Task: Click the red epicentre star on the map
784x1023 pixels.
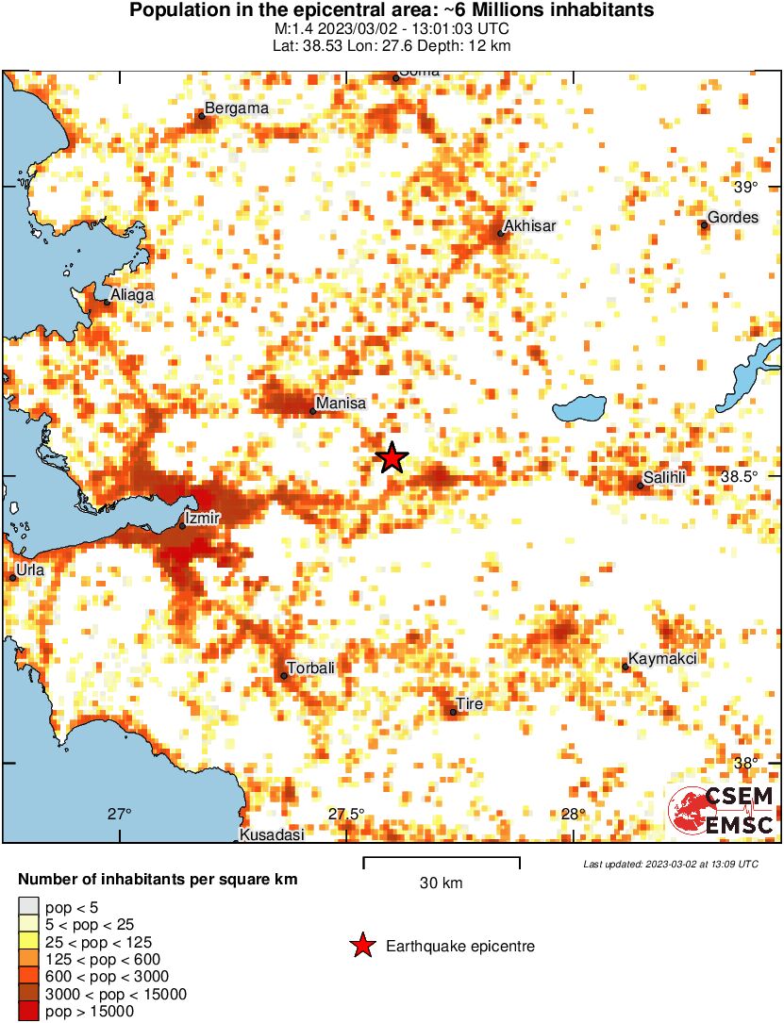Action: pyautogui.click(x=392, y=457)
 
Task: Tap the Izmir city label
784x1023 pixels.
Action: pyautogui.click(x=203, y=518)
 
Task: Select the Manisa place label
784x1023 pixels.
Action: pyautogui.click(x=340, y=404)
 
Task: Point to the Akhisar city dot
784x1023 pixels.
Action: pyautogui.click(x=501, y=233)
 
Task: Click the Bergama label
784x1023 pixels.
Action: pyautogui.click(x=237, y=108)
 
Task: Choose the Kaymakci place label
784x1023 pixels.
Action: pyautogui.click(x=662, y=659)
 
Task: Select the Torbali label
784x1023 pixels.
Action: pyautogui.click(x=310, y=668)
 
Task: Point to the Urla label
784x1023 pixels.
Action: pyautogui.click(x=30, y=569)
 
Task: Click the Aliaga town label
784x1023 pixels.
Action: pyautogui.click(x=131, y=295)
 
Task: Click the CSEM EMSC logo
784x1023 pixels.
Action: pyautogui.click(x=722, y=810)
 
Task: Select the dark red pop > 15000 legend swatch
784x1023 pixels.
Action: pyautogui.click(x=29, y=1012)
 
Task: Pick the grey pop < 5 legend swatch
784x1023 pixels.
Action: pyautogui.click(x=29, y=908)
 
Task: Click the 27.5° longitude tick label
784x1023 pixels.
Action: pyautogui.click(x=346, y=815)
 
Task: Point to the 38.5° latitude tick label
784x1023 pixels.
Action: pyautogui.click(x=740, y=477)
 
